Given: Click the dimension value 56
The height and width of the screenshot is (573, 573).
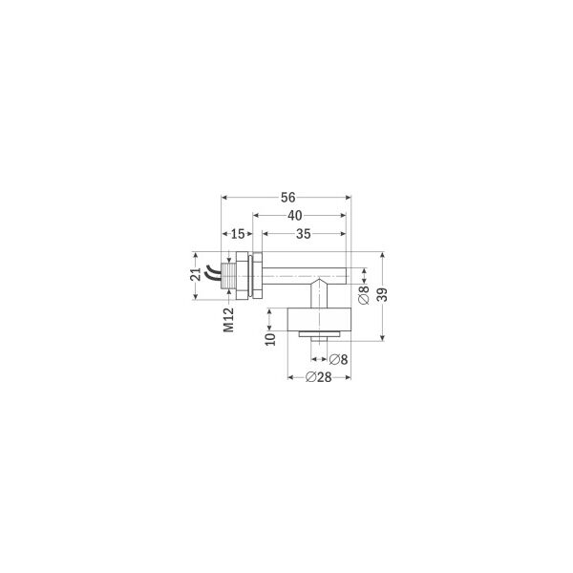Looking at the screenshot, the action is point(287,198).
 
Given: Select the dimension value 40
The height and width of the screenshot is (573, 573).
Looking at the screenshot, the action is point(294,216).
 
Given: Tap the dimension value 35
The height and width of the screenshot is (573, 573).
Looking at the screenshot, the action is point(304,234).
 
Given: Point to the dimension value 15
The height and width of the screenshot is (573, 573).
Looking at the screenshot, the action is point(238,234).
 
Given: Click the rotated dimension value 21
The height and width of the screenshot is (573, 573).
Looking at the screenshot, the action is point(196,274).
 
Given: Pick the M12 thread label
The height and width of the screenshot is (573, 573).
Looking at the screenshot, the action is point(229,320).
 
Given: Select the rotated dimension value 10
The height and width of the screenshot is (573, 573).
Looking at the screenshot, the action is point(270,339).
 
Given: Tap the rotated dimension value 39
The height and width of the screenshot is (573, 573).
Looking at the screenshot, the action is point(382,295).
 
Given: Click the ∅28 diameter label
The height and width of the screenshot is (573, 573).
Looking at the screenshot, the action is point(318,377).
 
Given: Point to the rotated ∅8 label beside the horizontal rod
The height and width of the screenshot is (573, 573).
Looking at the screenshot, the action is point(364,295).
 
